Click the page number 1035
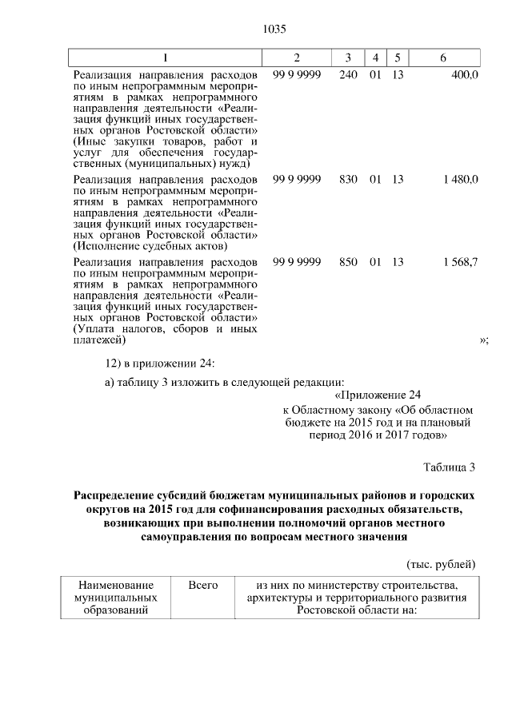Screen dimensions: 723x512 [274, 29]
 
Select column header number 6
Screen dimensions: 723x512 [443, 58]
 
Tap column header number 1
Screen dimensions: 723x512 [166, 58]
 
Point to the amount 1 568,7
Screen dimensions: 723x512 [459, 262]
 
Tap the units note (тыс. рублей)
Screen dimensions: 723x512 [442, 564]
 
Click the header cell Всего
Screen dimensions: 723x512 [202, 586]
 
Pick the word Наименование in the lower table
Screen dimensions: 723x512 [115, 586]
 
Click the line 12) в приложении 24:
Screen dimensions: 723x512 [155, 363]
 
